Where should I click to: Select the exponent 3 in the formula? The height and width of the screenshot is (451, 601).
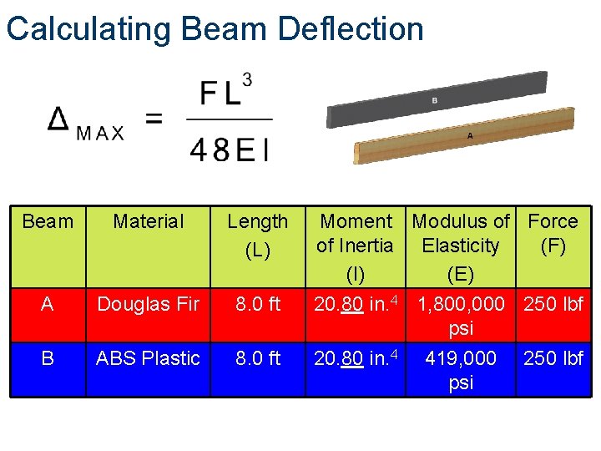click(x=246, y=80)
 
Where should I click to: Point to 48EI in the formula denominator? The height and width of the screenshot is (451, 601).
click(x=230, y=149)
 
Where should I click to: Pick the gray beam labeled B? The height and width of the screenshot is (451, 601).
click(x=434, y=101)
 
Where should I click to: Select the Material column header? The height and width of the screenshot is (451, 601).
click(x=148, y=221)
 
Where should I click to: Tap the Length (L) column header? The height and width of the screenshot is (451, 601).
click(x=257, y=235)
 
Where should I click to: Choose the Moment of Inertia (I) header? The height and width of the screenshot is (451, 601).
click(x=356, y=246)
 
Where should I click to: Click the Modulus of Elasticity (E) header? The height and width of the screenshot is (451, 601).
click(x=461, y=246)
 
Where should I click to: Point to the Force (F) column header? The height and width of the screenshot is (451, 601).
click(x=553, y=233)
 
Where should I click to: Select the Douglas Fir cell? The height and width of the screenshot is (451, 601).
click(x=148, y=304)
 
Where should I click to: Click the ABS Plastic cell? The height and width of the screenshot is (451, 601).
click(x=148, y=358)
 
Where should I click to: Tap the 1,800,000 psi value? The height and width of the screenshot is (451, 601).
click(x=461, y=316)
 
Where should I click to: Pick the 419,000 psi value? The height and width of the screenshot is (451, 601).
click(x=461, y=370)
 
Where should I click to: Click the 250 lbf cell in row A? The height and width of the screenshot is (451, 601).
click(x=553, y=304)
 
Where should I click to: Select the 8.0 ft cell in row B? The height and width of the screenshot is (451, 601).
click(x=257, y=358)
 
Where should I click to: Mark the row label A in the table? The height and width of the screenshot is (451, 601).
click(x=47, y=304)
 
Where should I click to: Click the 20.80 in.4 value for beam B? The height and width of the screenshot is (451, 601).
click(x=356, y=358)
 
